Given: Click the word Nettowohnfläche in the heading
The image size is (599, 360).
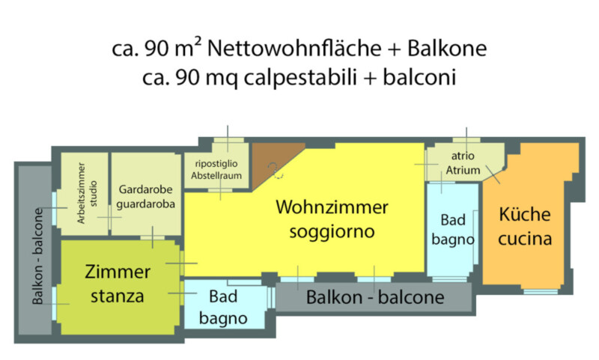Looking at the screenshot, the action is [294, 49].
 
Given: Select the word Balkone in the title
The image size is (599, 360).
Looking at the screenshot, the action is [447, 49].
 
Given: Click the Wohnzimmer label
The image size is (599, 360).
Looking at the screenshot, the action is [332, 207].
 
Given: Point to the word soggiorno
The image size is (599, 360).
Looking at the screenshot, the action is [332, 232].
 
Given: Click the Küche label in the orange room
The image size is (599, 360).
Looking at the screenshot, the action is [525, 214].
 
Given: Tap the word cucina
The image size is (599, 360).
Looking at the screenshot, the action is [525, 239].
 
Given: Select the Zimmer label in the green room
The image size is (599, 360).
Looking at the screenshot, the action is [118, 272].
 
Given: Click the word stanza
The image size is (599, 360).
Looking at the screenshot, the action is [118, 296].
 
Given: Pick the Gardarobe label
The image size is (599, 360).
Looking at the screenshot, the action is [145, 189].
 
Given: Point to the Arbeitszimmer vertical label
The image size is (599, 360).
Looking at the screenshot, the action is [81, 193].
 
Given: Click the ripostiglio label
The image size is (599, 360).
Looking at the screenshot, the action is [216, 164].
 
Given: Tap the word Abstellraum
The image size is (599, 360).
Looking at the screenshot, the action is [216, 176].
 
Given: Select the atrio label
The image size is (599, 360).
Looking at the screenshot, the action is [463, 156].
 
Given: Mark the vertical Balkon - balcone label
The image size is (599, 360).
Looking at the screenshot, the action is [38, 256].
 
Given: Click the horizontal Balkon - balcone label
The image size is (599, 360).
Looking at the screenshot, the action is [375, 297].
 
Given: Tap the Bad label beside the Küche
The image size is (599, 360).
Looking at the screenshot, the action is [453, 220].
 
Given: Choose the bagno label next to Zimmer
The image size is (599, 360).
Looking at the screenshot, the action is [223, 319].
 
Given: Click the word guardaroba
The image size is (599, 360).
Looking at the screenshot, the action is [145, 204].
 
